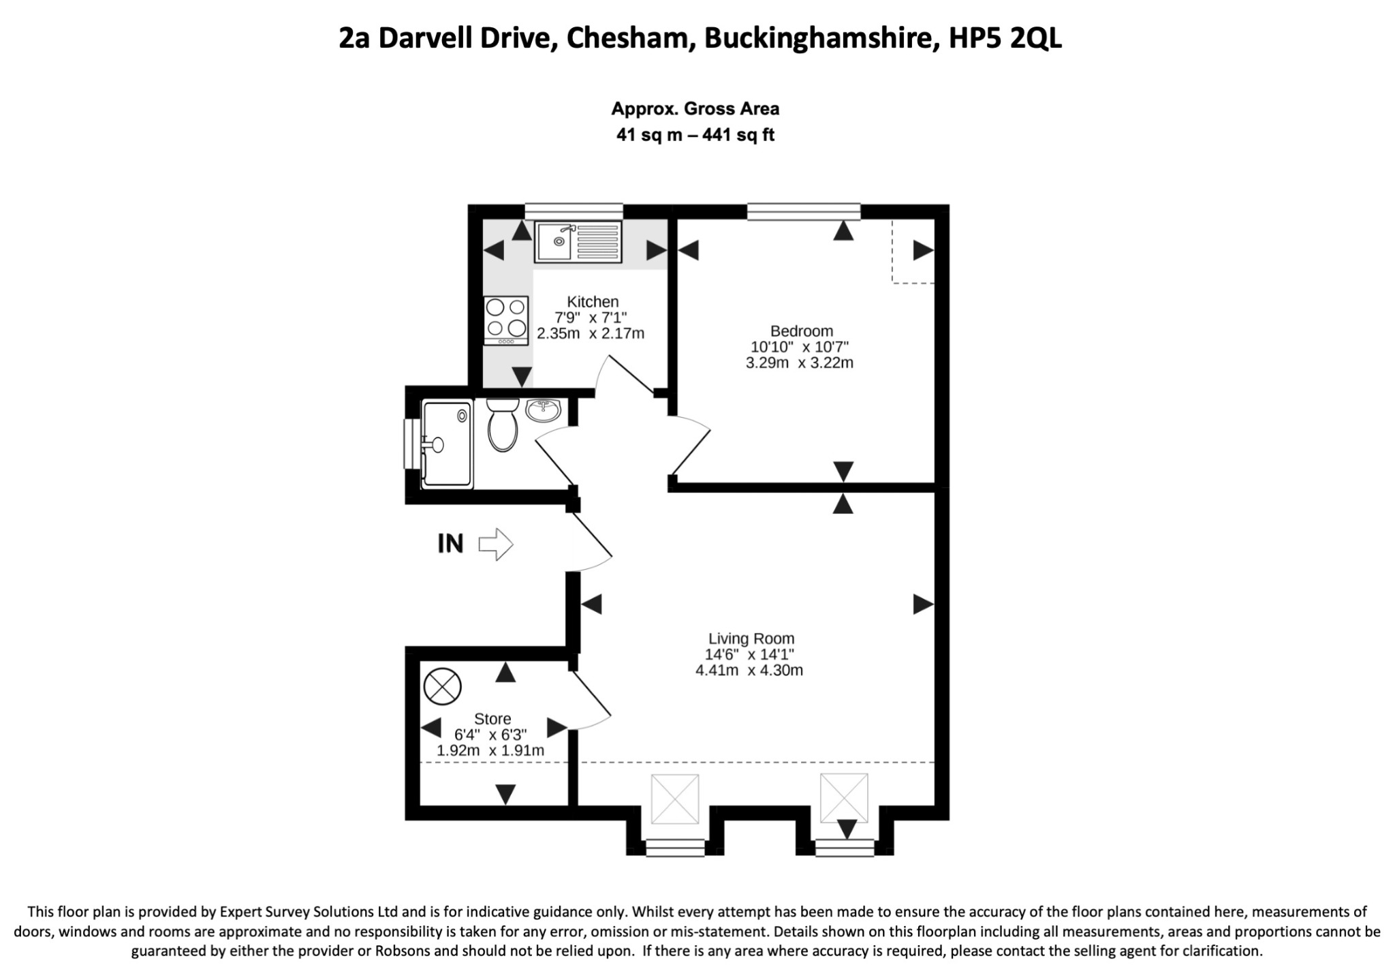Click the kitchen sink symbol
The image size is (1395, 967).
(x=578, y=242)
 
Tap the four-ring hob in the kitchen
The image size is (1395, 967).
(x=506, y=320)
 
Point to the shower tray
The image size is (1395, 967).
(x=447, y=444)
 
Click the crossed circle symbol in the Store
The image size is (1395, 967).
(x=443, y=686)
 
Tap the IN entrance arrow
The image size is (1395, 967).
(x=495, y=544)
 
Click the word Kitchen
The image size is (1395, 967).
(x=593, y=301)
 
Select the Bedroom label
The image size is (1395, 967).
(x=802, y=331)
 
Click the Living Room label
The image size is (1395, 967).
(x=751, y=639)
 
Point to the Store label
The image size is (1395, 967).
(x=492, y=719)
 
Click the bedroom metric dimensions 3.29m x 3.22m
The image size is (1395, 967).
(x=800, y=363)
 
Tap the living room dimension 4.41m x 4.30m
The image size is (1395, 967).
(x=749, y=670)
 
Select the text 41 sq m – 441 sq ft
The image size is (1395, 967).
(x=695, y=135)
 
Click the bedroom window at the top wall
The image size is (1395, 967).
(x=804, y=211)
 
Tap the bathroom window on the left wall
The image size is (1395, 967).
(x=412, y=444)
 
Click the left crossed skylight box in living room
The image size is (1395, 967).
(x=675, y=798)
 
